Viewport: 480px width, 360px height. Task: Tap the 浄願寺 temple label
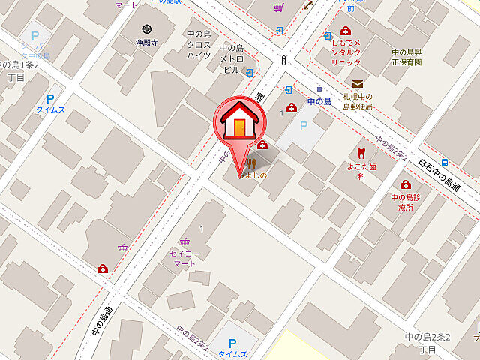point(146,43)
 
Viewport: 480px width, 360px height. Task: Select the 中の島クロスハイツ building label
point(199,44)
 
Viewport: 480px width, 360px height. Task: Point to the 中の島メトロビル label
point(233,58)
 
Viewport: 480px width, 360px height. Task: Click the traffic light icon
point(283,60)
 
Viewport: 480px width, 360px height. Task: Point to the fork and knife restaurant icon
point(252,163)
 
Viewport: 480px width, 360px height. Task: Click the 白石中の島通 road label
point(439,174)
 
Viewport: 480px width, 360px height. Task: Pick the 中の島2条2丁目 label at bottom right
point(427,343)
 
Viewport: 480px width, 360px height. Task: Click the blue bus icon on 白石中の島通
point(445,162)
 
